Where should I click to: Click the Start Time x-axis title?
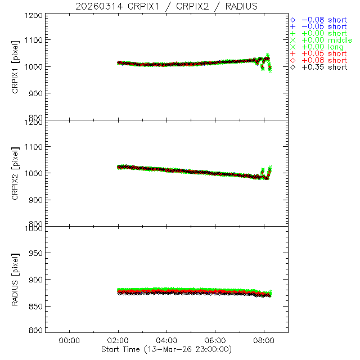click(166, 349)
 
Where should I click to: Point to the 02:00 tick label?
click(118, 340)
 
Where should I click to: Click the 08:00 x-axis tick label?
click(264, 340)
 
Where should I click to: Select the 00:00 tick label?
click(69, 340)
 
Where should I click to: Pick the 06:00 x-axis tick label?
click(215, 340)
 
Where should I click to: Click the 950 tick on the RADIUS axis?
click(36, 253)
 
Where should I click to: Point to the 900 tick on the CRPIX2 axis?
click(36, 200)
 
